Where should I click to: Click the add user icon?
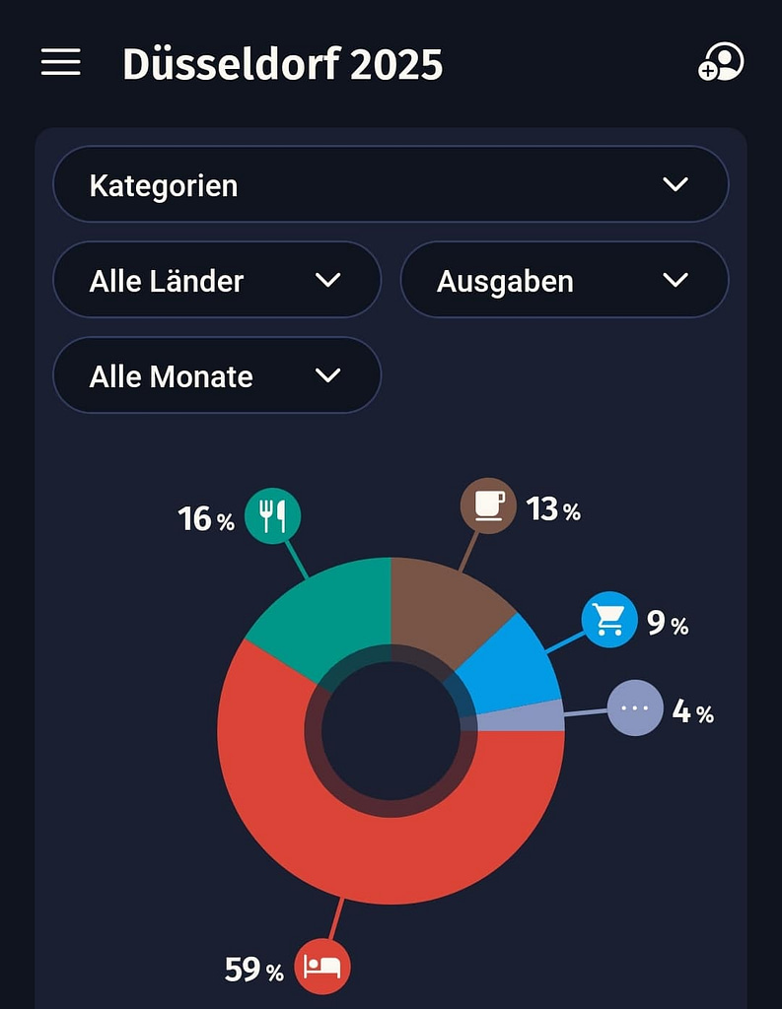(x=721, y=62)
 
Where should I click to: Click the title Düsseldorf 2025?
(x=282, y=64)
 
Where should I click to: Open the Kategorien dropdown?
(x=391, y=184)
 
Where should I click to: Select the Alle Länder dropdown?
(x=217, y=280)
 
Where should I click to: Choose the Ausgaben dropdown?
(x=564, y=280)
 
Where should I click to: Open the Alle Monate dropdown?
(x=217, y=375)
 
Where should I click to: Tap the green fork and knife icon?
(x=272, y=515)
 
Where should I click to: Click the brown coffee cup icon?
(x=488, y=505)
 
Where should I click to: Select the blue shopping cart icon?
(x=609, y=620)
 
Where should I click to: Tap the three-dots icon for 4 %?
(x=635, y=707)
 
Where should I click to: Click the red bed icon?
(x=322, y=966)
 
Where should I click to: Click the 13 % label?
(x=553, y=509)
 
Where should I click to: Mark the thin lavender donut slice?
(x=523, y=717)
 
